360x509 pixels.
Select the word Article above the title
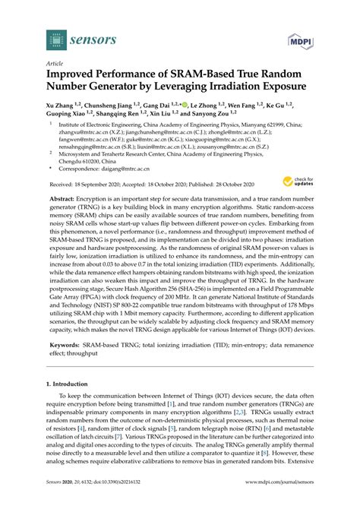click(55, 65)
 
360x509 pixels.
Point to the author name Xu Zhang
click(64, 104)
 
